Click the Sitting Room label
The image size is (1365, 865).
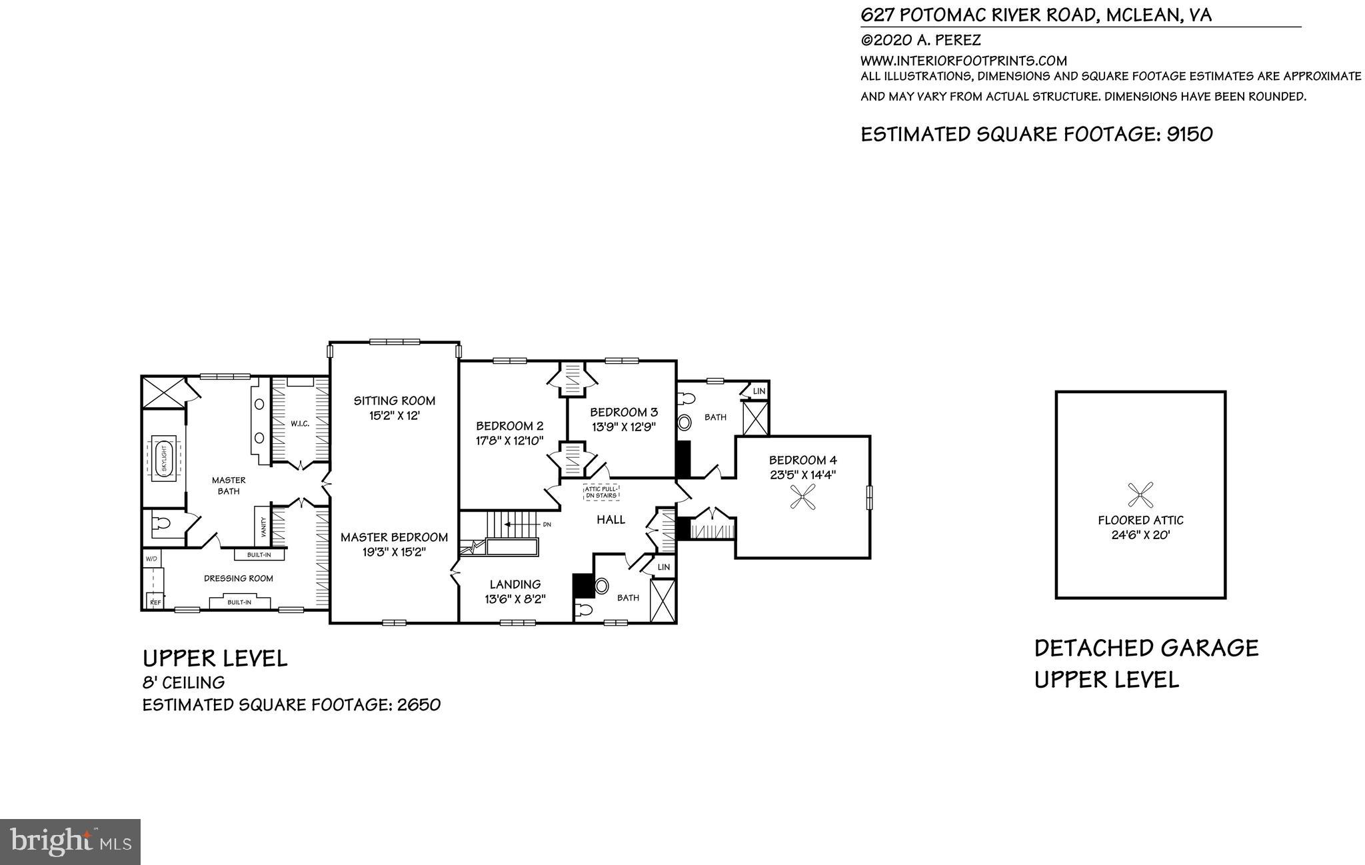[x=394, y=401]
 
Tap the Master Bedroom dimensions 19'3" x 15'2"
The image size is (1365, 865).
[x=394, y=552]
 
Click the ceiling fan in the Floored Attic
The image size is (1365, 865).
[x=1140, y=495]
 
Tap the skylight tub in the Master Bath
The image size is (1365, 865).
[x=163, y=457]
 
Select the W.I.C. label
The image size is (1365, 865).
[x=299, y=424]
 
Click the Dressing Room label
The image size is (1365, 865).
[x=238, y=578]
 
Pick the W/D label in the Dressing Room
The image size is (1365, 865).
[x=151, y=558]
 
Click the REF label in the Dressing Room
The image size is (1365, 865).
[x=155, y=602]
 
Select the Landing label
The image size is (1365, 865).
[x=515, y=584]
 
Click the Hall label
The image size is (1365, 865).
[x=611, y=520]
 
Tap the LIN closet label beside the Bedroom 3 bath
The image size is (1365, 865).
[x=758, y=391]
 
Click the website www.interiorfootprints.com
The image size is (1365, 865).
[x=964, y=61]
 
